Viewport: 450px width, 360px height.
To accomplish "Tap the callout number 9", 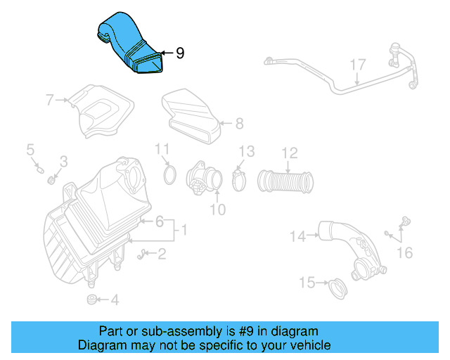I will click(x=180, y=53).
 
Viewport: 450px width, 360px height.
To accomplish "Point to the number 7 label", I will click(x=50, y=100).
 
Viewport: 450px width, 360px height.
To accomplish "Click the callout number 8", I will click(x=239, y=124).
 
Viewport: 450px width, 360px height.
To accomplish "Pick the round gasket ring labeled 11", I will click(x=169, y=174).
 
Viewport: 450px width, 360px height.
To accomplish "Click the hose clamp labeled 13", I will click(x=238, y=181).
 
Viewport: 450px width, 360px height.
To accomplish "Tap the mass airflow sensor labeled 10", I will click(x=202, y=179).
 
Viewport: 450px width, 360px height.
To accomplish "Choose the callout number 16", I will click(x=405, y=251).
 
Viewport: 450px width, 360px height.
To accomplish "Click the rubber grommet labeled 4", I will click(x=91, y=300).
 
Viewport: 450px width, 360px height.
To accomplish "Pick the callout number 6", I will click(x=160, y=221).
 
